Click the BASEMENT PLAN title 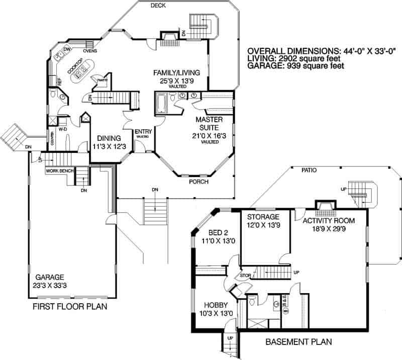point(298,342)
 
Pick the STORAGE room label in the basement point(263,217)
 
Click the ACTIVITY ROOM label point(329,221)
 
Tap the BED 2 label point(220,232)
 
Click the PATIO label point(309,170)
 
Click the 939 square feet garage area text point(323,66)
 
